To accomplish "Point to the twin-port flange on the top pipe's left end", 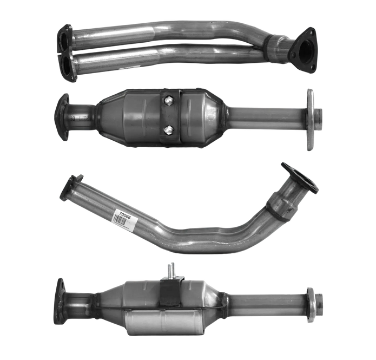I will (67, 53).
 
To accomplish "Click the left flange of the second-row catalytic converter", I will (62, 116).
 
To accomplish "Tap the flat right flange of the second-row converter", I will (311, 119).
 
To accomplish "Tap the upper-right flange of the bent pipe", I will (300, 177).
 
